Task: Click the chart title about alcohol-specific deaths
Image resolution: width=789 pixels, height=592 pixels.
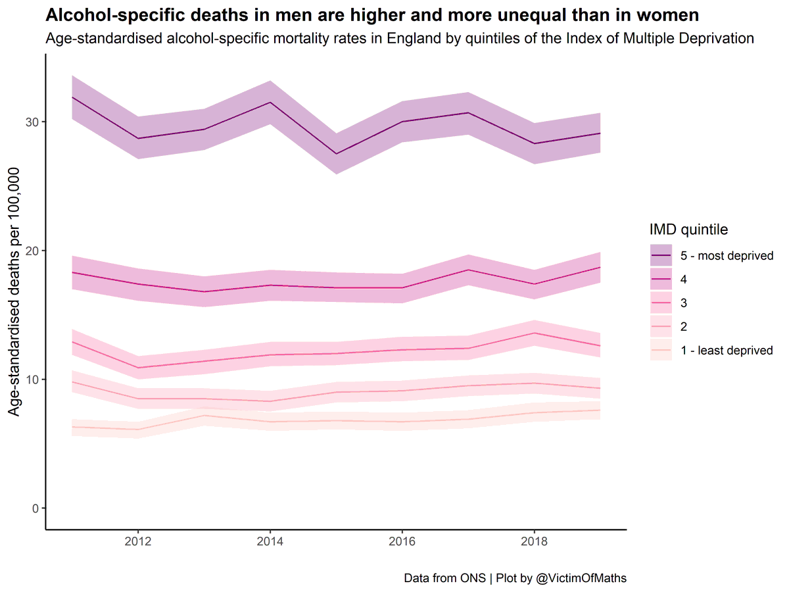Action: tap(372, 14)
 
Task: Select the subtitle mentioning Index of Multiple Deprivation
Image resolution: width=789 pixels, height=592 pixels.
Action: tap(399, 38)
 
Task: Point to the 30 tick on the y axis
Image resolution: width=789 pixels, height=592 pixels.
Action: tap(33, 122)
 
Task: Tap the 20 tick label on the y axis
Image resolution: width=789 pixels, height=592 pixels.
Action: tap(33, 251)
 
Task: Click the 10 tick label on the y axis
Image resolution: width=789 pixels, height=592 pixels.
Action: tap(33, 380)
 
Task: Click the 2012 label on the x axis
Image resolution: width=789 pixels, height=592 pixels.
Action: tap(137, 542)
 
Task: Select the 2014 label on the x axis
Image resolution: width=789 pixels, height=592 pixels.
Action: tap(270, 542)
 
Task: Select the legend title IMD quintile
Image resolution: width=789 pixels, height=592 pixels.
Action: tap(688, 230)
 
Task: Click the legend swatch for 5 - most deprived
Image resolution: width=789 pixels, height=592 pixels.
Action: tap(661, 255)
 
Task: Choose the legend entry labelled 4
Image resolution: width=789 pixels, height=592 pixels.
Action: tap(684, 279)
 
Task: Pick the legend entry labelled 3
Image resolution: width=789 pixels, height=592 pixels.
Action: tap(684, 303)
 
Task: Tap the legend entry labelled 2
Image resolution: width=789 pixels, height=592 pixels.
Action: tap(684, 326)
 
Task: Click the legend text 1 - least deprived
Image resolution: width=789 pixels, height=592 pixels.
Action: tap(727, 350)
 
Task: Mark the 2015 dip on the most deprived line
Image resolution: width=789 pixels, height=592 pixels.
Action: tap(336, 154)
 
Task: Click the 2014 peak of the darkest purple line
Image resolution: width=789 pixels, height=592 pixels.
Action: tap(270, 102)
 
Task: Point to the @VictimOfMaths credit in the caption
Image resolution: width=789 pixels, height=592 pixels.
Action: tap(581, 578)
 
